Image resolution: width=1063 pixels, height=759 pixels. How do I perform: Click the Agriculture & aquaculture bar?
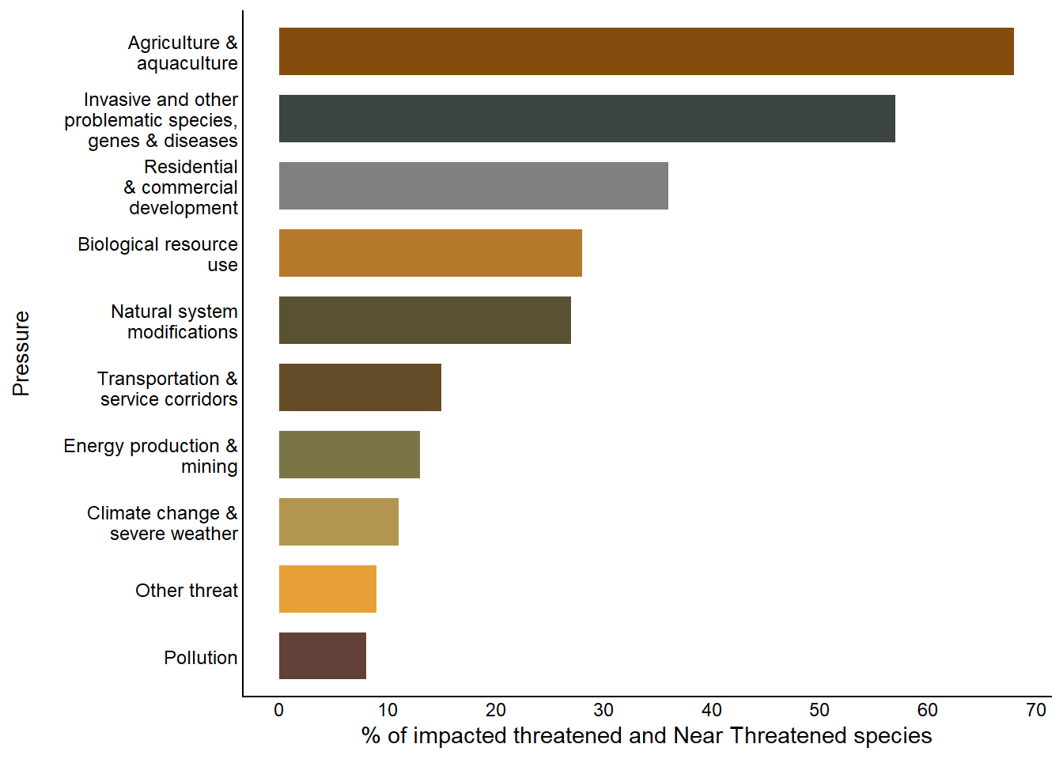click(646, 51)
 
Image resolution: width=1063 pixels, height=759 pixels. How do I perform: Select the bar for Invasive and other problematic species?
click(587, 119)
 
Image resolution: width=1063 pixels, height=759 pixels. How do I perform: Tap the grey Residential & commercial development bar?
click(473, 186)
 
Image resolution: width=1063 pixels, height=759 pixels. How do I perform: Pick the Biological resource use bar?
click(430, 253)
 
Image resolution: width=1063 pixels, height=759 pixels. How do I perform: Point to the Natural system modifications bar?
click(425, 320)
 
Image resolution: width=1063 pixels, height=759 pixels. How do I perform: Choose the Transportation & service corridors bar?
click(360, 387)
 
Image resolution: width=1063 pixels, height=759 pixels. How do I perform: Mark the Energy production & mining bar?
click(349, 455)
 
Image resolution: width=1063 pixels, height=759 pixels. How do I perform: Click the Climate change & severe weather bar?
click(339, 522)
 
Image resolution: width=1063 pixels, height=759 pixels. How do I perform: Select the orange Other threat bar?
click(327, 589)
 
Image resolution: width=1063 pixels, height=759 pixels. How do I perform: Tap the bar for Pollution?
click(322, 656)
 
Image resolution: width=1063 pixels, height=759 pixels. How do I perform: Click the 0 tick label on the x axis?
click(279, 710)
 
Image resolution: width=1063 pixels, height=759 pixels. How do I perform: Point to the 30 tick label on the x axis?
click(603, 710)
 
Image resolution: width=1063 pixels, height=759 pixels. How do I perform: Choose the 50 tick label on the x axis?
click(819, 710)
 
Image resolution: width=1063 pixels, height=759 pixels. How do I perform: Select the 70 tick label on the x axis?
click(1036, 710)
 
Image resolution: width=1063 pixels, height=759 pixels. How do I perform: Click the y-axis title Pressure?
click(21, 353)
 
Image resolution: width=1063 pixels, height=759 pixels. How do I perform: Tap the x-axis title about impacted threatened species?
click(646, 736)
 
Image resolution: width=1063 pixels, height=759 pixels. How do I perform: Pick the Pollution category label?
click(201, 658)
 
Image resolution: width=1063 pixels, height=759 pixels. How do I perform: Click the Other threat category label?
click(187, 591)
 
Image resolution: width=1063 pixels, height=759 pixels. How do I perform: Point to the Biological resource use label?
click(158, 255)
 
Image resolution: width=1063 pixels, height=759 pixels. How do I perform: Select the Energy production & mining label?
click(151, 456)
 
